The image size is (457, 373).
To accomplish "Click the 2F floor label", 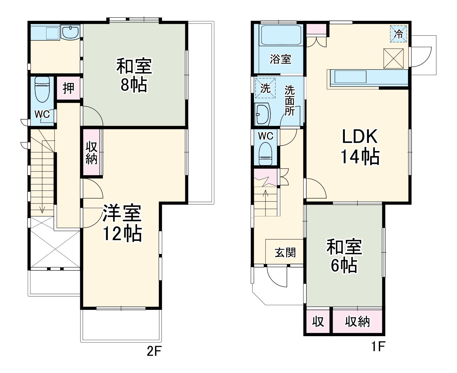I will pos(154,351).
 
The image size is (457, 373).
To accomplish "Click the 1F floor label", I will pos(378,346).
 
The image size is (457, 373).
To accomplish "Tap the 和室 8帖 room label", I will pos(134,75).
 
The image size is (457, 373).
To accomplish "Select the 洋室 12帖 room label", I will pos(122,223).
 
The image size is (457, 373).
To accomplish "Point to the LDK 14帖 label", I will pos(360,147).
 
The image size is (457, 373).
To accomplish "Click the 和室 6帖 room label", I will pos(344,256).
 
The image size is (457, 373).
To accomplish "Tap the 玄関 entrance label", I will pos(285,253).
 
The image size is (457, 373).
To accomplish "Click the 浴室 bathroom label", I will pos(280,59).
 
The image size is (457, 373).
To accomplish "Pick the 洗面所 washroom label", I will pos(290,100).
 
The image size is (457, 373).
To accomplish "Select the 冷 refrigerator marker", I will pos(398,34).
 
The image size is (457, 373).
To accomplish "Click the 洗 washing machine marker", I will pos(265,88).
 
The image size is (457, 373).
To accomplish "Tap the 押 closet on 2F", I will pos(68,88).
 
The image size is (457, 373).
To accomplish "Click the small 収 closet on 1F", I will pos(318,321).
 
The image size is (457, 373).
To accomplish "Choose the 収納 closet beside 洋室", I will pos(92,152).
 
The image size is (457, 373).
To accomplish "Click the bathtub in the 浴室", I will pos(281,36).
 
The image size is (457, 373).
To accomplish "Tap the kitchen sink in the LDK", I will pos(351,77).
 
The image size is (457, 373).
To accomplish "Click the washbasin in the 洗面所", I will pos(262,114).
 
